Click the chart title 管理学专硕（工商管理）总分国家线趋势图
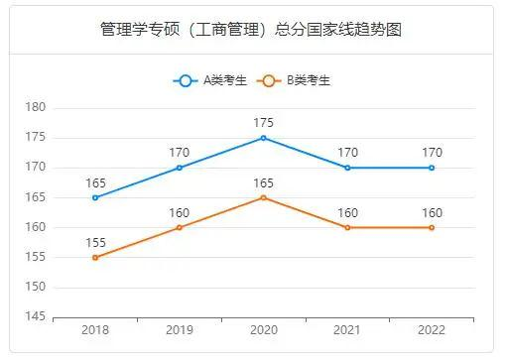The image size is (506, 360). click(x=252, y=29)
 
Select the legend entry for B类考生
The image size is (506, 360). click(x=292, y=80)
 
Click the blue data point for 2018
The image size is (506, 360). click(x=95, y=197)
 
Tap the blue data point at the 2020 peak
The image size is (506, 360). click(x=263, y=138)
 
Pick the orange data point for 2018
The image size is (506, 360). click(x=95, y=258)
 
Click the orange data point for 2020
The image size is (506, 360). click(x=263, y=197)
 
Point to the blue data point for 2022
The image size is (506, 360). click(x=432, y=168)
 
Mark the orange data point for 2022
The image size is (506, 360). click(x=432, y=228)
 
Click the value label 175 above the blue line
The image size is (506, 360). click(x=263, y=123)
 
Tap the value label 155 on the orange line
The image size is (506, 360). click(x=95, y=243)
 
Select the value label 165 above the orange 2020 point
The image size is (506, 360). click(x=263, y=182)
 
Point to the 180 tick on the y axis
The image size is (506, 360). click(x=36, y=107)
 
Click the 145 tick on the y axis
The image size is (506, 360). click(x=36, y=317)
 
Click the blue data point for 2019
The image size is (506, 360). click(x=179, y=168)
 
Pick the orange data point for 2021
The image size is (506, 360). click(x=347, y=228)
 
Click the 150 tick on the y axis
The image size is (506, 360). click(x=36, y=288)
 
